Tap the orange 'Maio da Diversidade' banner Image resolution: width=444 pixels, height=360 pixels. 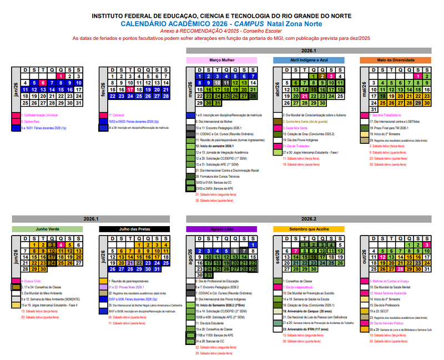click(395, 59)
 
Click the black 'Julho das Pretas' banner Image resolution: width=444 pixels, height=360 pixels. click(135, 229)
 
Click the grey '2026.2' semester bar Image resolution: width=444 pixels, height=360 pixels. click(309, 219)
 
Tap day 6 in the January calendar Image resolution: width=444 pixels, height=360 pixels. click(43, 83)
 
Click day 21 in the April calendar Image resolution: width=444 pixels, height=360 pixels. click(304, 96)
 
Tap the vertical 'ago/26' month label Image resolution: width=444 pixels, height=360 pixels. click(190, 258)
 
